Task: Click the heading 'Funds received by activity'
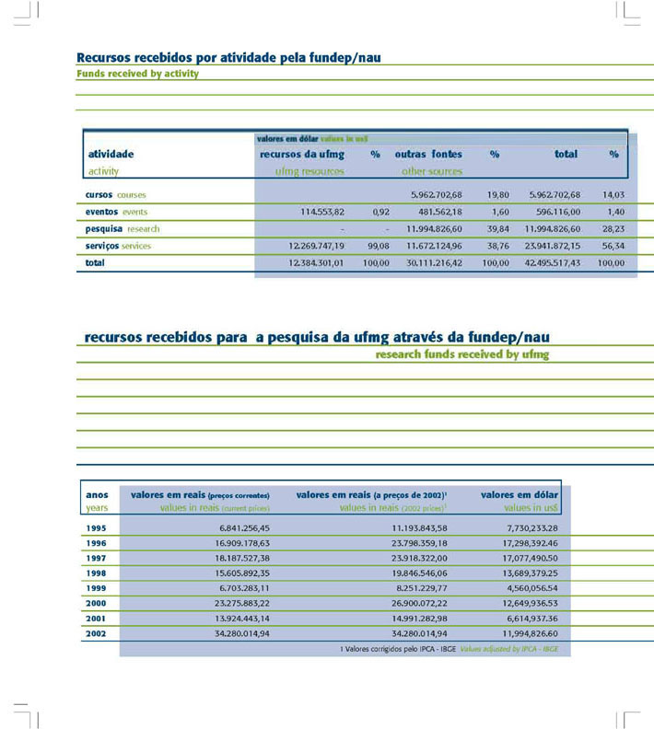click(137, 74)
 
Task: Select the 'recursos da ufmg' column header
click(302, 155)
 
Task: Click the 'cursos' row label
click(92, 195)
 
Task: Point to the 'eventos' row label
click(95, 212)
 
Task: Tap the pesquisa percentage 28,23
click(613, 229)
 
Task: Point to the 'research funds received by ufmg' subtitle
click(462, 353)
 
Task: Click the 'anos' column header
click(97, 495)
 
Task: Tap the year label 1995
click(96, 527)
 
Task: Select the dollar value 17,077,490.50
click(525, 558)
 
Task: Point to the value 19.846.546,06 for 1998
click(412, 573)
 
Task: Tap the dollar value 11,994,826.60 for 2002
click(525, 633)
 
